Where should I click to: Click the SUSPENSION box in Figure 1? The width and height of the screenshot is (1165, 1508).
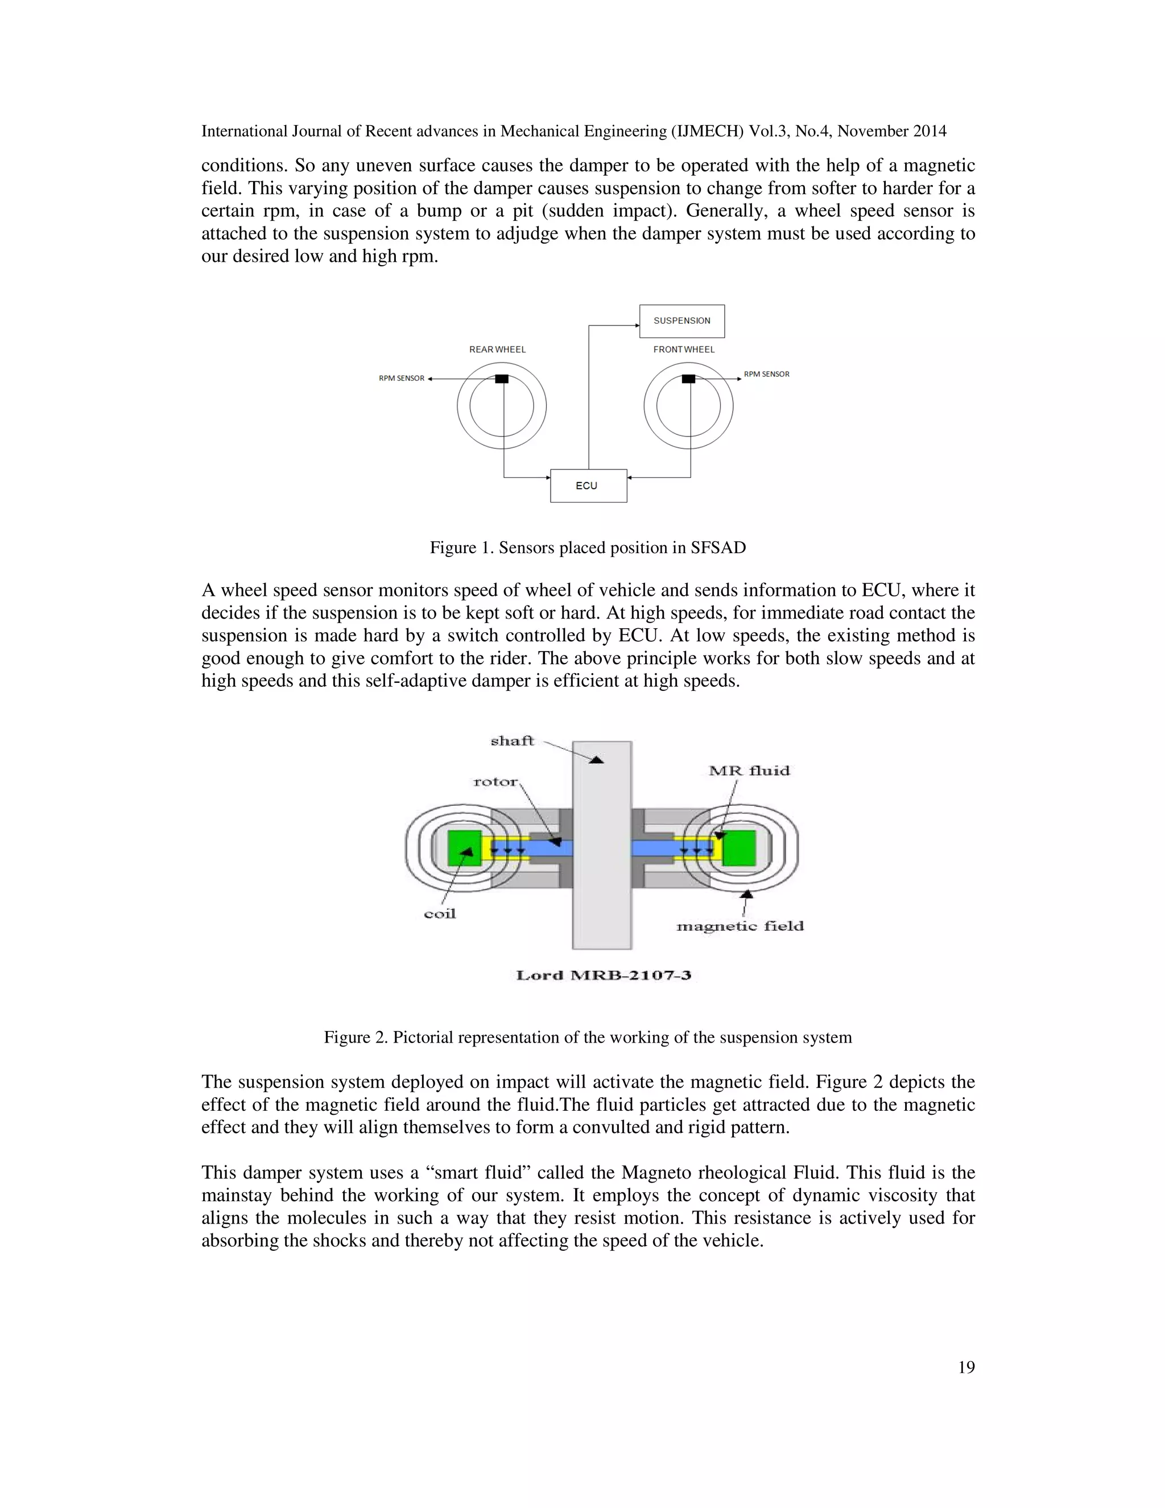681,321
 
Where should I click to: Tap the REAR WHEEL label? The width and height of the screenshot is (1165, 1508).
497,349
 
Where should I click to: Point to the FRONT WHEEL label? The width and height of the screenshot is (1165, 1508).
683,349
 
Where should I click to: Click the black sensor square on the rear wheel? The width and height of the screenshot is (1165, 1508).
502,378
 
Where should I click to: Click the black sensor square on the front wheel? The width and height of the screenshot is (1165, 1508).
688,378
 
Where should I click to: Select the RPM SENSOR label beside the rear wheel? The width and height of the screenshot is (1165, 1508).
401,378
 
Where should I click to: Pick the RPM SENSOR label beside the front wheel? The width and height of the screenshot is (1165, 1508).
766,374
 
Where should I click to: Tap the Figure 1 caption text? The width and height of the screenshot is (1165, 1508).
587,547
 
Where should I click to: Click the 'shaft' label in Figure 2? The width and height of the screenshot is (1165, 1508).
512,741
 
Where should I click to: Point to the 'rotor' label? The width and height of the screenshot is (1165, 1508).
495,782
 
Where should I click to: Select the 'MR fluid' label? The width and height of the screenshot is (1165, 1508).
749,771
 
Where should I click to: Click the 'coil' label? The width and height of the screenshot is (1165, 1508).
440,913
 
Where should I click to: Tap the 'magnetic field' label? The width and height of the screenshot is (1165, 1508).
740,926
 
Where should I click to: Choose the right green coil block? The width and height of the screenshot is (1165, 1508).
739,848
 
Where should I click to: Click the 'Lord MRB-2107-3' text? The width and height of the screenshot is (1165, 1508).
603,975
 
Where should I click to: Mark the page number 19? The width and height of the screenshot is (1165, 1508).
966,1367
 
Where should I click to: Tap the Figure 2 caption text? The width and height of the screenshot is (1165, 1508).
587,1037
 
